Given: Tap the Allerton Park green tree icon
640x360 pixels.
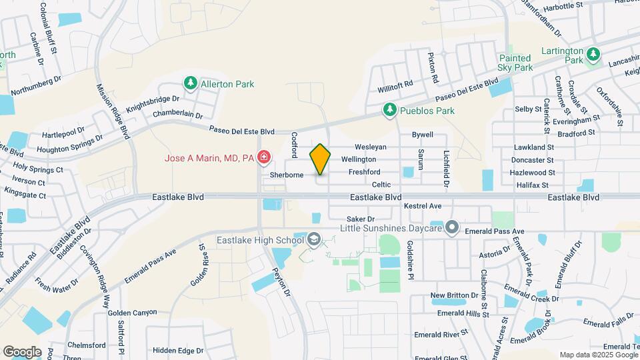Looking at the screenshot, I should pos(191,84).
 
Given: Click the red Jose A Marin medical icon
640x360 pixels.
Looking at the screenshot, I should pos(265,158).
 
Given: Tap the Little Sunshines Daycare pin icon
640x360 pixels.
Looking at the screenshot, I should pos(452,228).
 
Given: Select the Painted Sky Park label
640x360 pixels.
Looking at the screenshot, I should pos(515,63).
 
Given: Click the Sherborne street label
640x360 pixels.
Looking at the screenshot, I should pos(287,175).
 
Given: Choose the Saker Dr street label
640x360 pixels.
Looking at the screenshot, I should pos(361,219).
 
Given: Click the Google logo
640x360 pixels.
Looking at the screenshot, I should pos(22,351).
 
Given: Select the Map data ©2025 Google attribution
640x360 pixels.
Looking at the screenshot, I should pos(597,355).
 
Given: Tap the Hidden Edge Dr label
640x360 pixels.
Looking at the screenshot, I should pos(177,351).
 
